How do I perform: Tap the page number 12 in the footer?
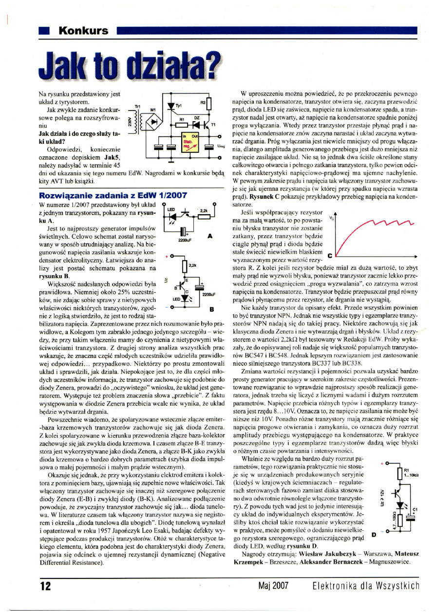click(x=46, y=586)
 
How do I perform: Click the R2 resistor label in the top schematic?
click(x=203, y=103)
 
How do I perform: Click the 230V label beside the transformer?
click(x=129, y=123)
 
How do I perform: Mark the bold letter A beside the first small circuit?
click(x=210, y=236)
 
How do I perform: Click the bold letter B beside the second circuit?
click(x=212, y=309)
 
